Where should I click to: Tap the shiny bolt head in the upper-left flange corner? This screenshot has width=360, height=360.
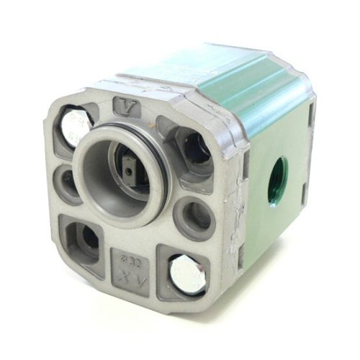pos(75,127)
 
